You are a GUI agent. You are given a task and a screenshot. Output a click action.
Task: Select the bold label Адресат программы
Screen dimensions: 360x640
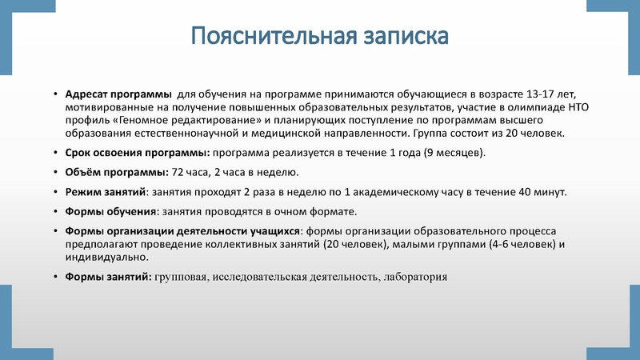click(x=118, y=93)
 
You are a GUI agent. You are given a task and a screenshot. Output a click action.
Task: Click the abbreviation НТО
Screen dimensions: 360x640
click(x=580, y=106)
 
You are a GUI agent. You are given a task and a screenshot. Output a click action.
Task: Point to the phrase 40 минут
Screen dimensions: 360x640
click(x=544, y=192)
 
